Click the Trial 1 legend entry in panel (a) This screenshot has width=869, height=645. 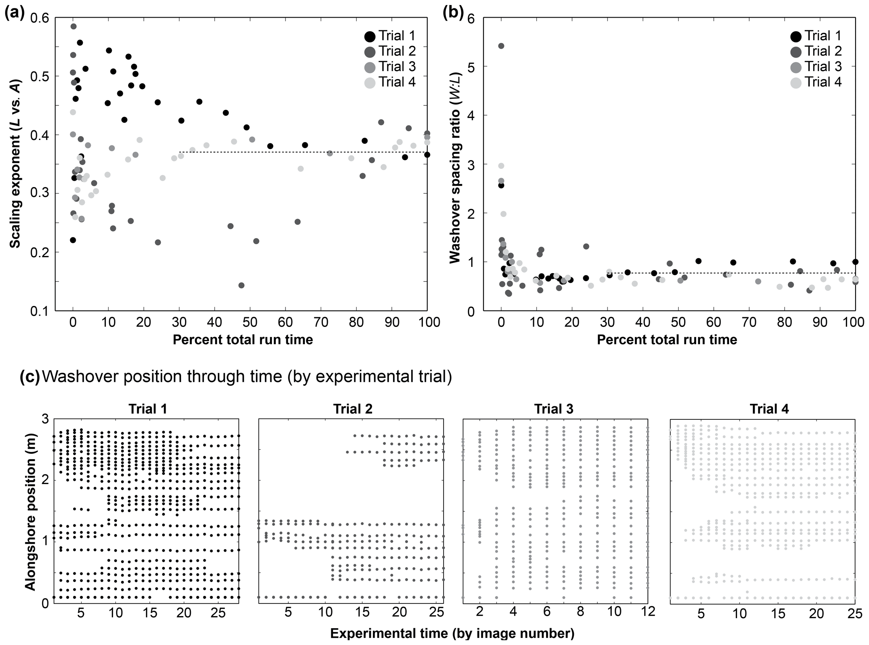[x=390, y=36]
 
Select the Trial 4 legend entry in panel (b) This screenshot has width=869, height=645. [x=816, y=82]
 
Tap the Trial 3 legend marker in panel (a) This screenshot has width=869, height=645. [x=370, y=67]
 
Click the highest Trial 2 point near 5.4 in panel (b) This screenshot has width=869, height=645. [x=501, y=46]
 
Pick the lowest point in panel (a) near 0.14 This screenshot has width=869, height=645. [x=241, y=285]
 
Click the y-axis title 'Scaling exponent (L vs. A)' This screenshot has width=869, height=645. [x=15, y=164]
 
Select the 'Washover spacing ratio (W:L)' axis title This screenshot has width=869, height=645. [x=455, y=164]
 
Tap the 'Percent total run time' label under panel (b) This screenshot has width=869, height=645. [x=667, y=340]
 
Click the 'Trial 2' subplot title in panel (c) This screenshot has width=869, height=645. [x=353, y=409]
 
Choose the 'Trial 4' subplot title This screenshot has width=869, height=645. [x=769, y=409]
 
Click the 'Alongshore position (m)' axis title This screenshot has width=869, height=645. [x=30, y=511]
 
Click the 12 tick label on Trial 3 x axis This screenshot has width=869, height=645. [x=648, y=611]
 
